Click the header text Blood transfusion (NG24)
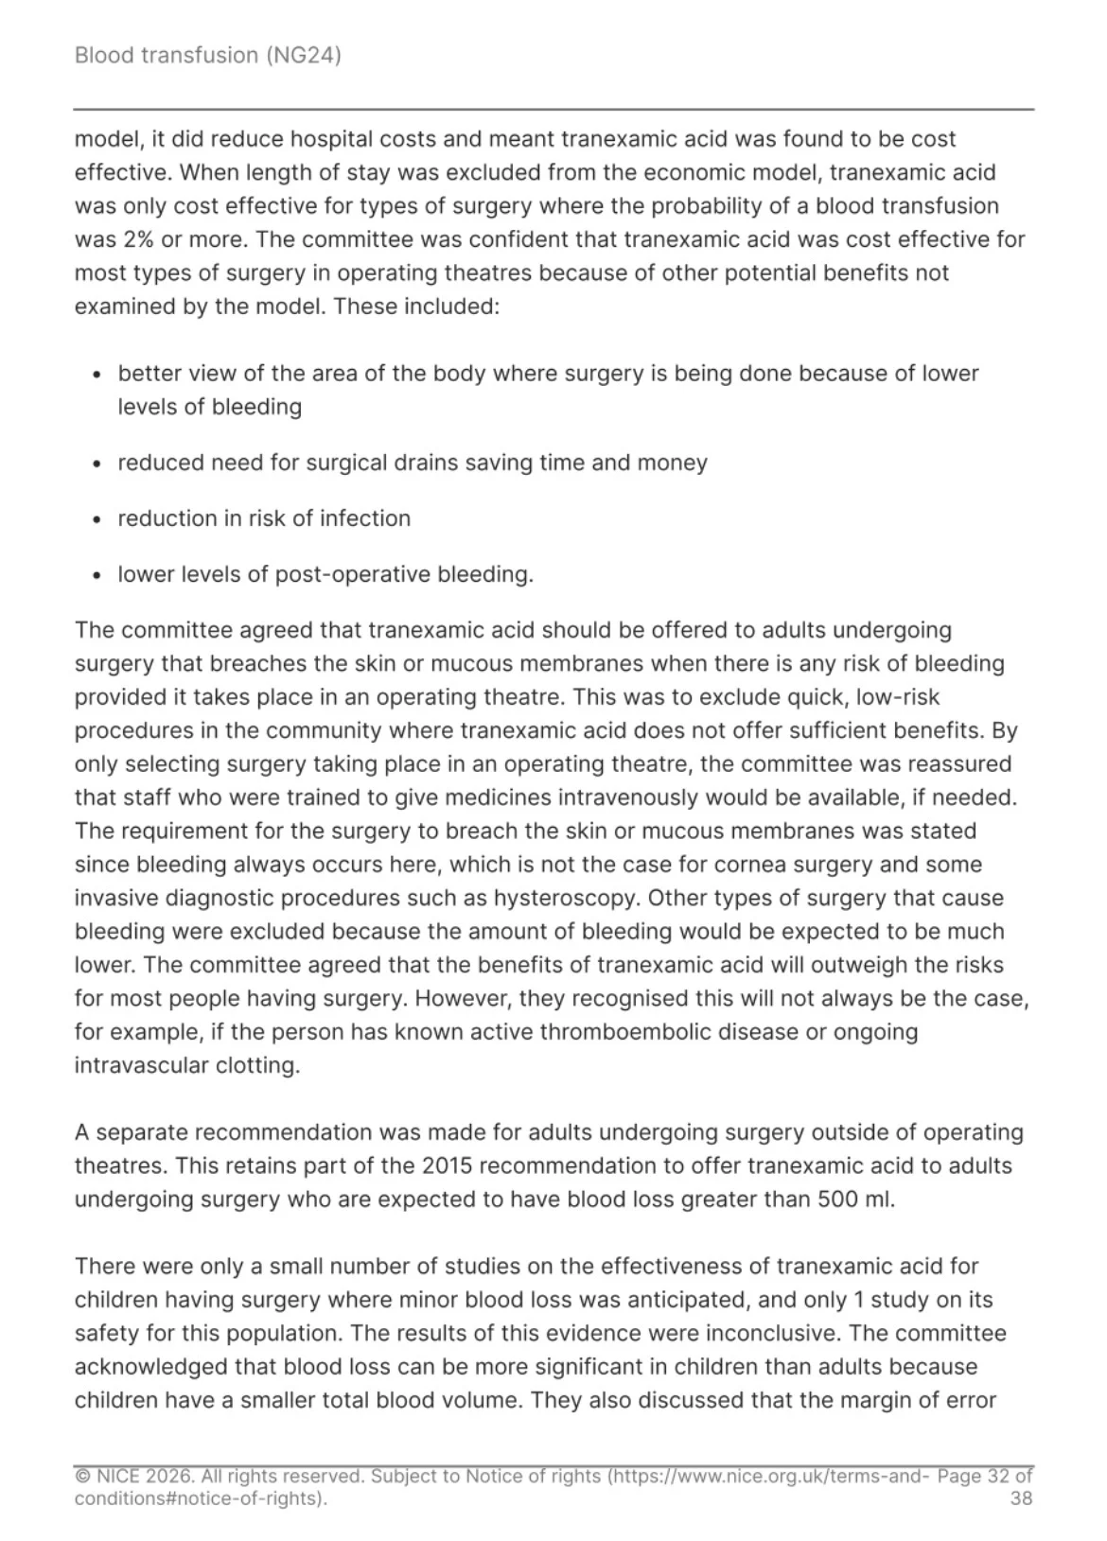(207, 55)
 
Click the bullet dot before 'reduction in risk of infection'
(97, 519)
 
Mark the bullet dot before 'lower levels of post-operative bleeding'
(97, 575)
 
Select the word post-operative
(352, 574)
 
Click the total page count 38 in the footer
(1021, 1498)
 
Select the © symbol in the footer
(82, 1477)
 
